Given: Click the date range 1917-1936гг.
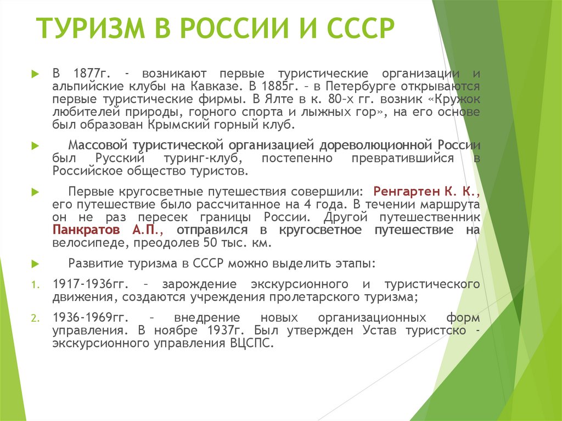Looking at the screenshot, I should point(88,284).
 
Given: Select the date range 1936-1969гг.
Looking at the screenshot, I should point(88,318).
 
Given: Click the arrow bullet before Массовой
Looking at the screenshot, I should point(35,146).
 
